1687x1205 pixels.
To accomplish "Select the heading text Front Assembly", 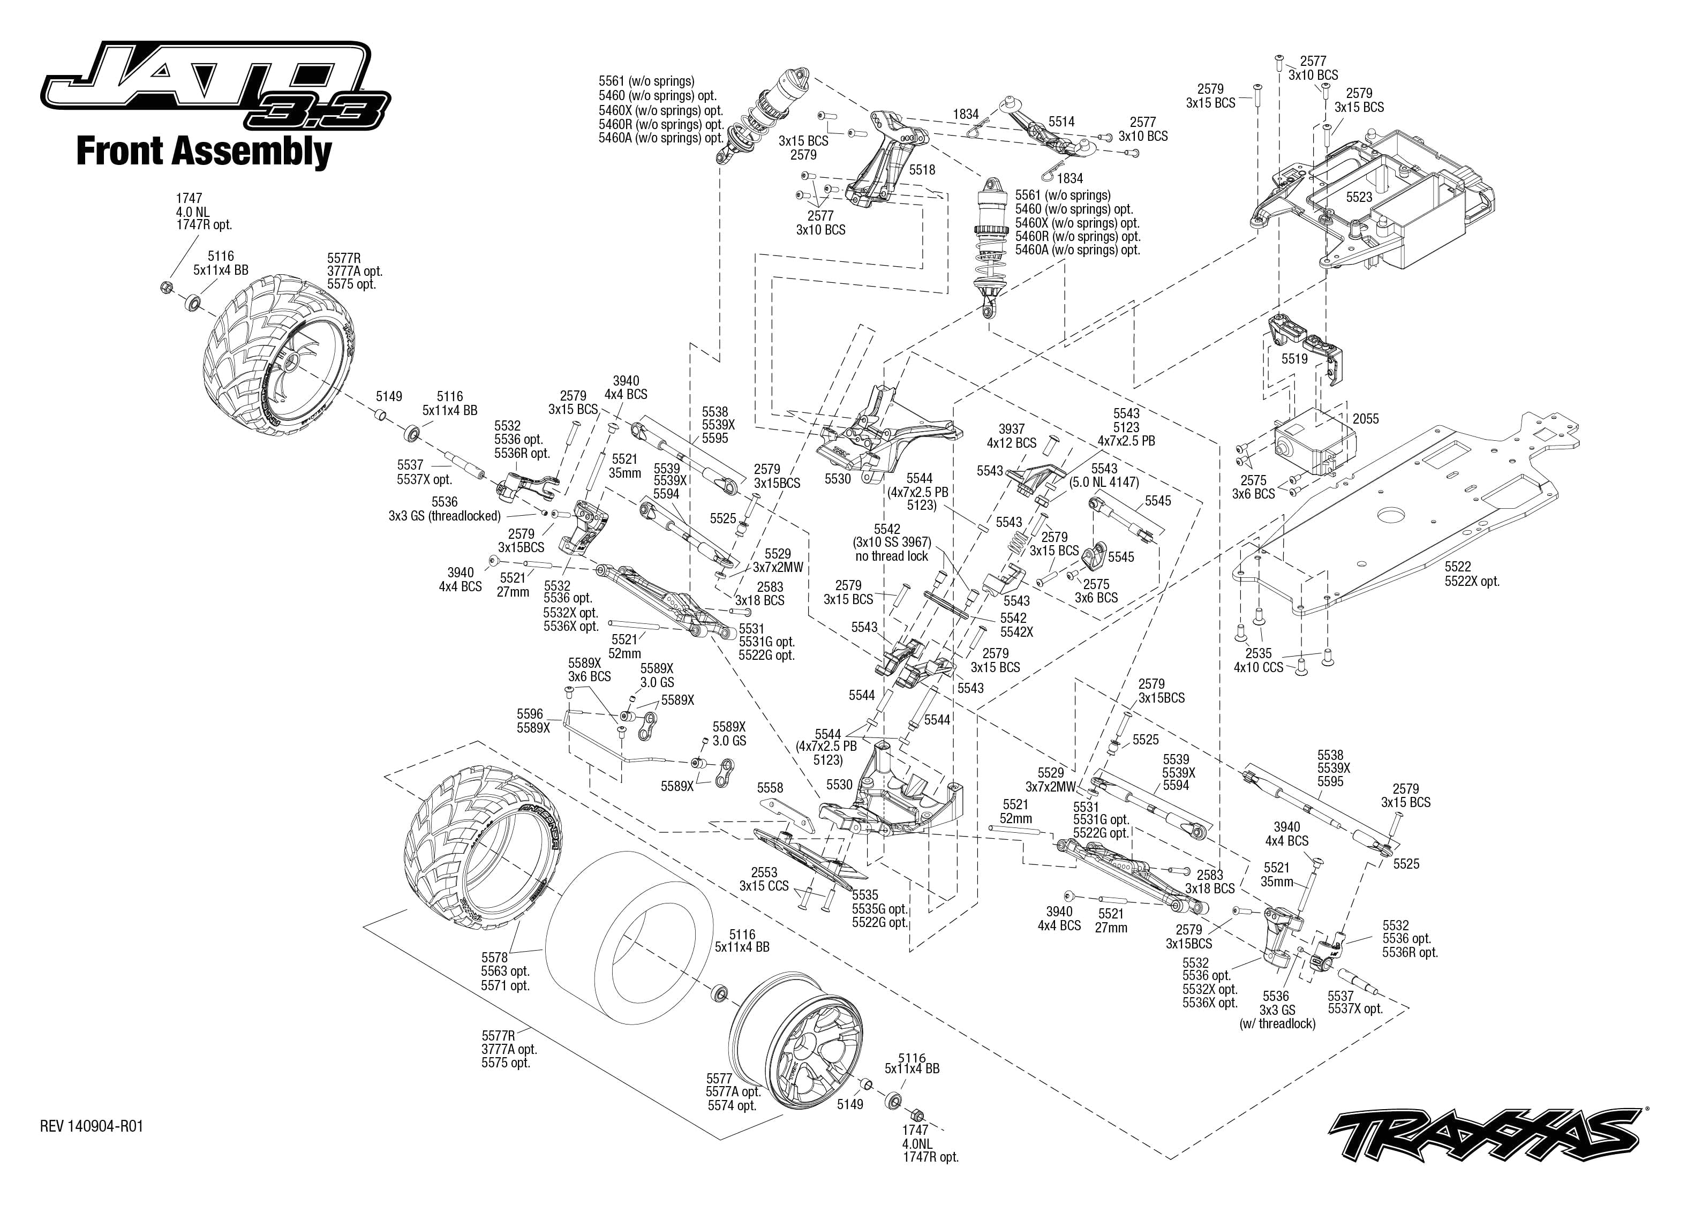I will [204, 152].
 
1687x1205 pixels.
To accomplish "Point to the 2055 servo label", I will [1365, 419].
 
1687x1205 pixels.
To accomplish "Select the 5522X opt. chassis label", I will [1472, 581].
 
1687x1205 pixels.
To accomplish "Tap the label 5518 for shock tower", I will [922, 170].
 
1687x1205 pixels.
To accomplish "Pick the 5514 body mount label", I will [1061, 122].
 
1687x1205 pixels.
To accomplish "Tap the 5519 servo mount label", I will [1294, 359].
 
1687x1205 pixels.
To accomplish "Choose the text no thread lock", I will [891, 556].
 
